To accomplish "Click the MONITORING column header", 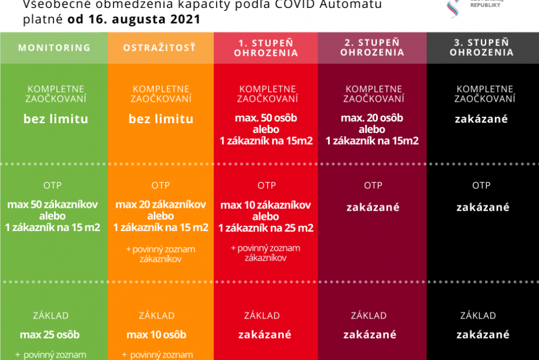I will click(x=54, y=48).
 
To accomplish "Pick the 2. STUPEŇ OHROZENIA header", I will click(x=373, y=48).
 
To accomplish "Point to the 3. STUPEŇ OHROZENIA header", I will click(x=482, y=48).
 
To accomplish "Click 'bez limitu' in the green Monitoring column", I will click(x=56, y=119).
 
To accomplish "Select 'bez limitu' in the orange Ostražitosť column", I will click(x=161, y=119).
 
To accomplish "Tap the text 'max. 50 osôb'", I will click(x=266, y=118).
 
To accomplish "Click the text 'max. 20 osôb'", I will click(x=372, y=118).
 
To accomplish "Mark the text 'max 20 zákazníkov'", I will click(x=161, y=204).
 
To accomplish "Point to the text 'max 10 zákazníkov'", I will click(x=266, y=205).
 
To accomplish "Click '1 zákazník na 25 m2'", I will click(x=266, y=228).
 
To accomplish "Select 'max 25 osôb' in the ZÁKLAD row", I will click(x=50, y=334).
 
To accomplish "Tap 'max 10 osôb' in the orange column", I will click(x=157, y=334).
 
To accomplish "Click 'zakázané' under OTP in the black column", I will click(x=483, y=207).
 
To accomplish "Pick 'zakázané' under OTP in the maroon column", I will click(x=373, y=207).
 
